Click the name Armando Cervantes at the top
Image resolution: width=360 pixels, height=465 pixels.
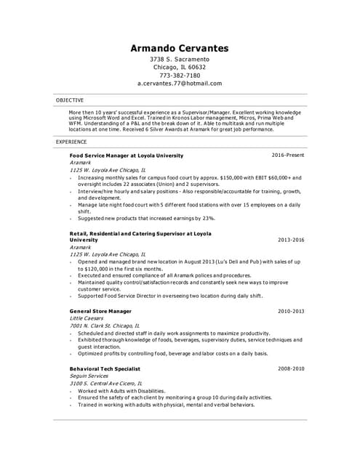point(180,49)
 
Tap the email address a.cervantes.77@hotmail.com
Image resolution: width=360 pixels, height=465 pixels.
point(180,84)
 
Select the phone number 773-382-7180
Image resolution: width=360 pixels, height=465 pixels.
point(180,75)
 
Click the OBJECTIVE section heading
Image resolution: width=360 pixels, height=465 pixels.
point(70,100)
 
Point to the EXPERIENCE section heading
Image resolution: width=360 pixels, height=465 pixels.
point(71,142)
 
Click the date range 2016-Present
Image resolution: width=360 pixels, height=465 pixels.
point(288,155)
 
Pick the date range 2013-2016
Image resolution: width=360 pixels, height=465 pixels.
point(291,239)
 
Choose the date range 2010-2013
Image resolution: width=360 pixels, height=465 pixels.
point(291,311)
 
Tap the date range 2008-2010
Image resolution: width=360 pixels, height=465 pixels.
point(291,368)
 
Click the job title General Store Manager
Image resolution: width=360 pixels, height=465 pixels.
point(100,311)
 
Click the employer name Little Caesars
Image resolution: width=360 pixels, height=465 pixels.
point(86,318)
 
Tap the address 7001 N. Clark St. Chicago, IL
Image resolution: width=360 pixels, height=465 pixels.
point(105,326)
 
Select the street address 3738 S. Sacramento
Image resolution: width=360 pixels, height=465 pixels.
point(180,58)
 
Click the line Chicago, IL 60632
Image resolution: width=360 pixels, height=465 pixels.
point(180,67)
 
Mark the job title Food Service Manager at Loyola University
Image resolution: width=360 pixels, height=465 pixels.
point(127,155)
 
